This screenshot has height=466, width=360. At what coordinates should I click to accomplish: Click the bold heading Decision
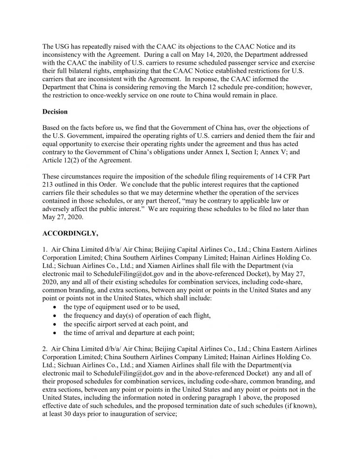tap(55, 112)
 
